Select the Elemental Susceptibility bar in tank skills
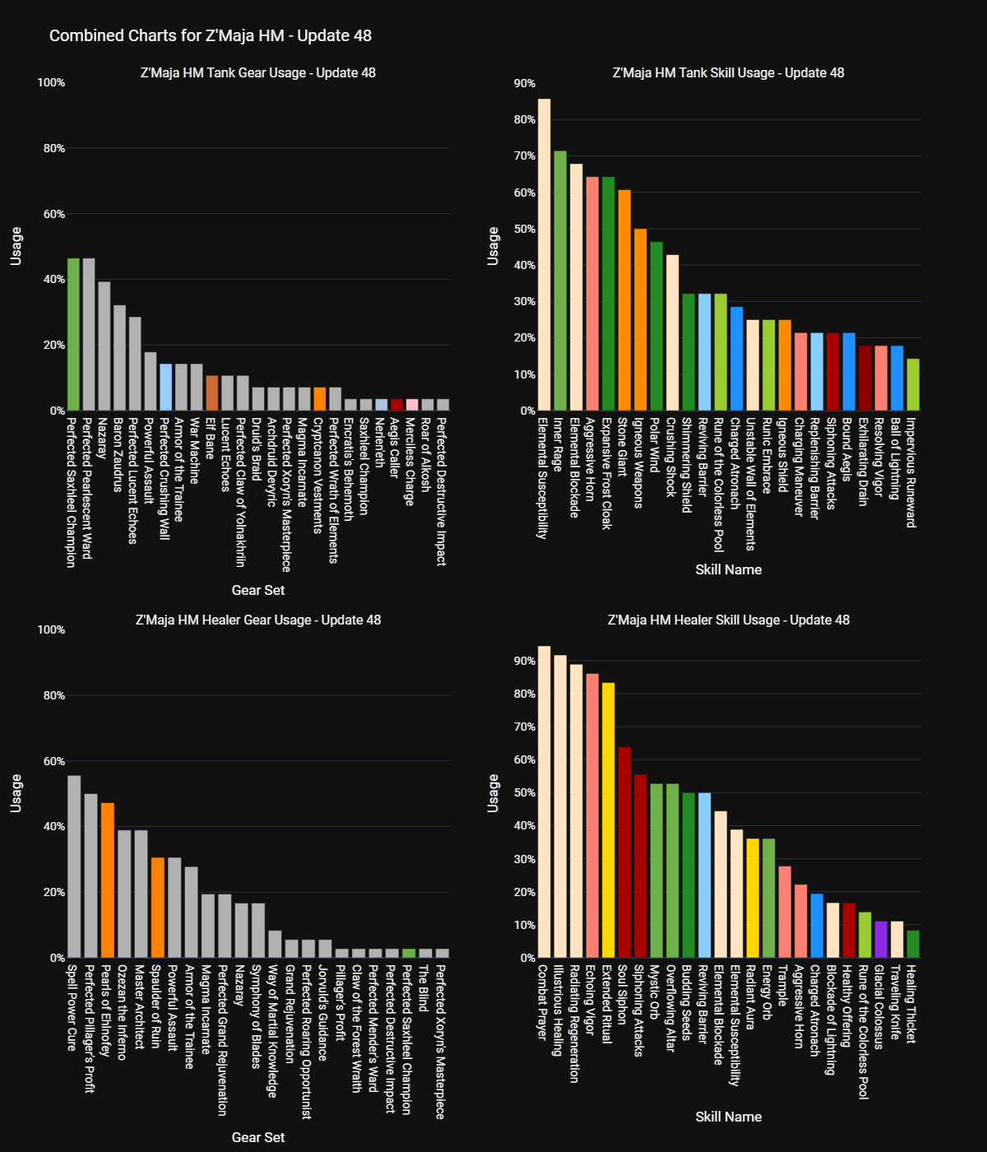tap(544, 255)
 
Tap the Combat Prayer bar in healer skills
tap(544, 802)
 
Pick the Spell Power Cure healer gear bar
tap(74, 866)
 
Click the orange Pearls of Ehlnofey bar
tap(108, 880)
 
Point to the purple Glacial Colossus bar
tap(881, 940)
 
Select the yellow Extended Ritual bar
tap(608, 820)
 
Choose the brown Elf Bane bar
tap(212, 393)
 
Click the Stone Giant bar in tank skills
tap(624, 300)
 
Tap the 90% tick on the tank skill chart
tap(524, 83)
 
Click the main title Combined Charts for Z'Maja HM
tap(211, 36)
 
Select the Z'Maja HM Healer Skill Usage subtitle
tap(728, 620)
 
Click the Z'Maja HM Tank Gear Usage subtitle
tap(257, 73)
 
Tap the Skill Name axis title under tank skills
tap(728, 569)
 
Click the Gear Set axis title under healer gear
tap(257, 1137)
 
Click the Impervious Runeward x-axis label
tap(911, 472)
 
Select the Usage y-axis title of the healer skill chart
tap(493, 793)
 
